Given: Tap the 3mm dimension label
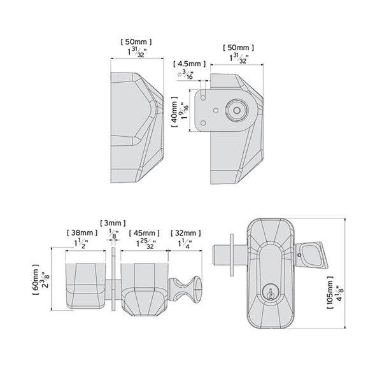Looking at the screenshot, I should point(113,222).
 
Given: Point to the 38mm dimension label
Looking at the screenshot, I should point(81,232).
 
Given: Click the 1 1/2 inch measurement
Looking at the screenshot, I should point(81,243).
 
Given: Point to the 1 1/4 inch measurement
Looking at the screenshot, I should point(185,243).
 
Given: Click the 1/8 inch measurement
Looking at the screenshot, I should point(113,234).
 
